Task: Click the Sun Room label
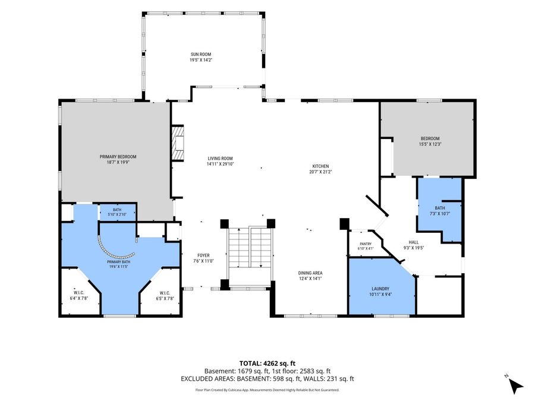pyautogui.click(x=201, y=54)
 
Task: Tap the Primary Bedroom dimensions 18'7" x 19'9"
pyautogui.click(x=118, y=162)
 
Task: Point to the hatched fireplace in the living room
pyautogui.click(x=177, y=143)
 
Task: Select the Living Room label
pyautogui.click(x=220, y=158)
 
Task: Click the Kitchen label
pyautogui.click(x=321, y=166)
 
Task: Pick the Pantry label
pyautogui.click(x=366, y=244)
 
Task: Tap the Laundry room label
pyautogui.click(x=379, y=289)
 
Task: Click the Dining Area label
pyautogui.click(x=310, y=273)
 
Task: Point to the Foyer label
pyautogui.click(x=203, y=255)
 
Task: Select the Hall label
pyautogui.click(x=414, y=242)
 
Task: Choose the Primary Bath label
pyautogui.click(x=118, y=262)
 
